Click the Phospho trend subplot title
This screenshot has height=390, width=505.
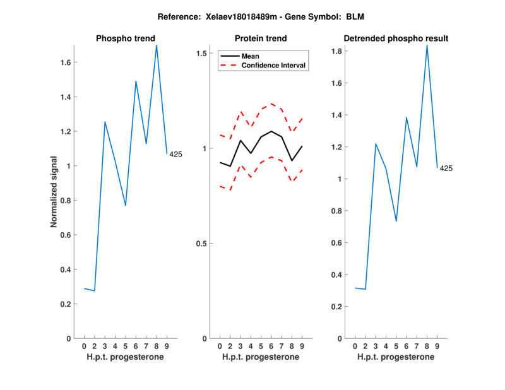(x=125, y=38)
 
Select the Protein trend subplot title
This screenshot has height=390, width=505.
(x=261, y=38)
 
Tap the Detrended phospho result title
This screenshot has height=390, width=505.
(x=396, y=38)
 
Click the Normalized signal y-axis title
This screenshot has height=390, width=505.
(x=54, y=192)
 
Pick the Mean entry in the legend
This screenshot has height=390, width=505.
(x=251, y=56)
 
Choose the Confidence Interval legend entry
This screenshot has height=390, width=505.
(x=274, y=65)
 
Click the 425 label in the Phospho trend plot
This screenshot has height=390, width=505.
(x=175, y=155)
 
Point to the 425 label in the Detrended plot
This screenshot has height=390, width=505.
(x=446, y=168)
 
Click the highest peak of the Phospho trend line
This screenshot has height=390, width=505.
(x=157, y=45)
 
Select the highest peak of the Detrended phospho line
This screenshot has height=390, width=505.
(x=427, y=45)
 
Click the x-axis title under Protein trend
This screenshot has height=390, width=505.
(x=261, y=357)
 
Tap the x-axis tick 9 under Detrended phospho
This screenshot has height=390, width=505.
(x=437, y=346)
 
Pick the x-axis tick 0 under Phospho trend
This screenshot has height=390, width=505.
(x=84, y=346)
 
